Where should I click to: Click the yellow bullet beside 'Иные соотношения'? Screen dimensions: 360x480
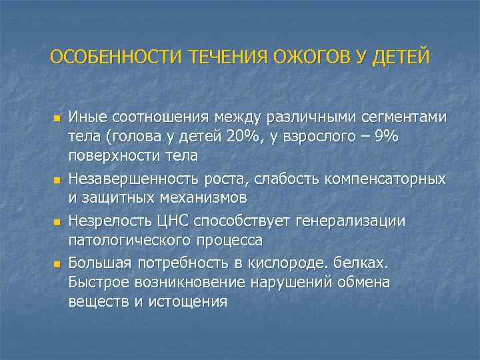point(57,119)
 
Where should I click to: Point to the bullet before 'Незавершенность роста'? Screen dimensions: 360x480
point(57,181)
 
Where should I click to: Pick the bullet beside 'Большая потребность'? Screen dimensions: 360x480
point(57,265)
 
